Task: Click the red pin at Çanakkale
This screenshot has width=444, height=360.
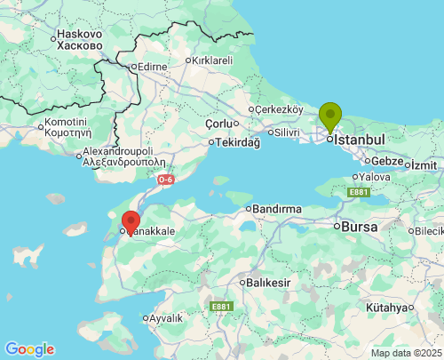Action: tap(131, 221)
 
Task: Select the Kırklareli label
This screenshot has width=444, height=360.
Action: tap(212, 60)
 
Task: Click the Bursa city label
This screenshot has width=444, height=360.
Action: tap(359, 227)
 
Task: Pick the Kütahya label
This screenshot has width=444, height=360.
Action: tap(389, 308)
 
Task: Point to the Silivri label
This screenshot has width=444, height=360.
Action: tap(286, 132)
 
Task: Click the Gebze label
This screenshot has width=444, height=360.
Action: tap(388, 161)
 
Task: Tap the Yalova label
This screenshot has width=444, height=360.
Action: tap(376, 177)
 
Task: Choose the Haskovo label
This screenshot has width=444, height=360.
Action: tap(80, 35)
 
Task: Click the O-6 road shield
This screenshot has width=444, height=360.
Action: tap(166, 180)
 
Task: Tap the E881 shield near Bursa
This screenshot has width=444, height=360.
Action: tap(359, 192)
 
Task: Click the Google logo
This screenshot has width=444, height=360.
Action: tap(29, 349)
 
